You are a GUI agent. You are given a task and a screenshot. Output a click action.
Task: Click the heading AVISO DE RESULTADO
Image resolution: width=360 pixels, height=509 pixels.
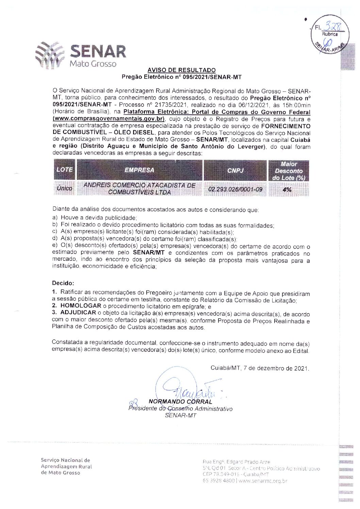(181, 70)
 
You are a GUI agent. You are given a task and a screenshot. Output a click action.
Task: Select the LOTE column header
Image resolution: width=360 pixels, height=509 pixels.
(65, 170)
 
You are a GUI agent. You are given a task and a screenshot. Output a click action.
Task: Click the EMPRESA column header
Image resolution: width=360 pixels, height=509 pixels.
(139, 170)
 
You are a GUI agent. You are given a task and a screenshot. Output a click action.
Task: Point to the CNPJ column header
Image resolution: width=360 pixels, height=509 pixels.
(235, 170)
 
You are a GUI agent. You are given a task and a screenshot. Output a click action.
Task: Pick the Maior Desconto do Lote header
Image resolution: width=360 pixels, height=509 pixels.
(289, 171)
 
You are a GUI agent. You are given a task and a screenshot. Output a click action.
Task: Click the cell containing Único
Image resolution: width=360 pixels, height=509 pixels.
(65, 188)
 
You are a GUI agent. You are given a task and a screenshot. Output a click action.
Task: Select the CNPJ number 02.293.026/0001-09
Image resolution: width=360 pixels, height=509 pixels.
(235, 189)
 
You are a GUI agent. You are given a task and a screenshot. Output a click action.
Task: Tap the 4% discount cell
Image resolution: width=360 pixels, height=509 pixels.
(287, 189)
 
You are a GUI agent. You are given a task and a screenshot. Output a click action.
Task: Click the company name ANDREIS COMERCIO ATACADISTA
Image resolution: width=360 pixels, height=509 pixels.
(139, 185)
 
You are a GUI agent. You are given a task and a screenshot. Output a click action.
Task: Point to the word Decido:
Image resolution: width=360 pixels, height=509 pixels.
(63, 283)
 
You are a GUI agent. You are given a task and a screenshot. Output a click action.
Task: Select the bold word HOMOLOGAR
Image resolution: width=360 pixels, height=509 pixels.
(81, 306)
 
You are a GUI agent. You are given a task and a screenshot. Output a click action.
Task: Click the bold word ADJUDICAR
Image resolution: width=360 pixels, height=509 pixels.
(78, 312)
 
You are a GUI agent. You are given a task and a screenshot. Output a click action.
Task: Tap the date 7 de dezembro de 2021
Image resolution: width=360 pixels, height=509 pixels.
(276, 368)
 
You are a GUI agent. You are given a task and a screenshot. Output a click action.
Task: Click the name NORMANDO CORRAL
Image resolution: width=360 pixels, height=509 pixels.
(180, 402)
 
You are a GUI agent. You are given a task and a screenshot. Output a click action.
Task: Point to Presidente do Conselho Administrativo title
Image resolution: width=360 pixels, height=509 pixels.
(180, 408)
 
